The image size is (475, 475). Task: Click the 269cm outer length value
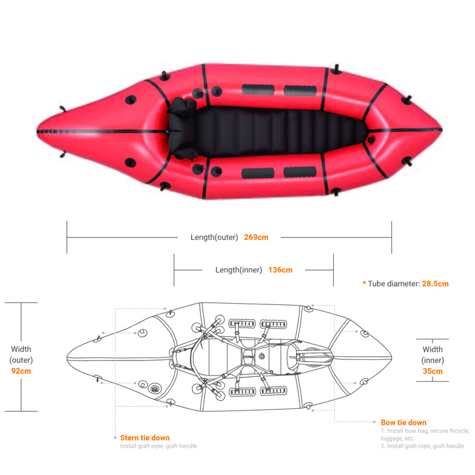256,237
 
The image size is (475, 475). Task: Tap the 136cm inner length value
280,270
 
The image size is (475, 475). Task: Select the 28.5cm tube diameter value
435,284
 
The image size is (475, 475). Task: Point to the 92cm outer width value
21,371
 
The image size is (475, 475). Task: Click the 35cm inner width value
432,371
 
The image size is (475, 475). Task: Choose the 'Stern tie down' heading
145,437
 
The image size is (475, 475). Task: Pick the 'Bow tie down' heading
404,422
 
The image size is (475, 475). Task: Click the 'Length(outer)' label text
214,237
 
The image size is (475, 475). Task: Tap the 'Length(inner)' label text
239,270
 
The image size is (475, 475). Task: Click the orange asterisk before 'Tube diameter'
364,283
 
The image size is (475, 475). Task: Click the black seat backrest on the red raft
182,129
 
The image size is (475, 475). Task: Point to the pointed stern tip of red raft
37,131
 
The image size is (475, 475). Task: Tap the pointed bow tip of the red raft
442,129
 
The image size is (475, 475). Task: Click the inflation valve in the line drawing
154,388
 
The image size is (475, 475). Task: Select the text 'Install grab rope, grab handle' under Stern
158,446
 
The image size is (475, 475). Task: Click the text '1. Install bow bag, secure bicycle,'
425,431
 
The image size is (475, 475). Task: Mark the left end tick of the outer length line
67,237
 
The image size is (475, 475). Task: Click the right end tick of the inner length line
334,270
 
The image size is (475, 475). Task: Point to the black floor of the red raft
272,132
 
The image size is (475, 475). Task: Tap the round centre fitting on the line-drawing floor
262,356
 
